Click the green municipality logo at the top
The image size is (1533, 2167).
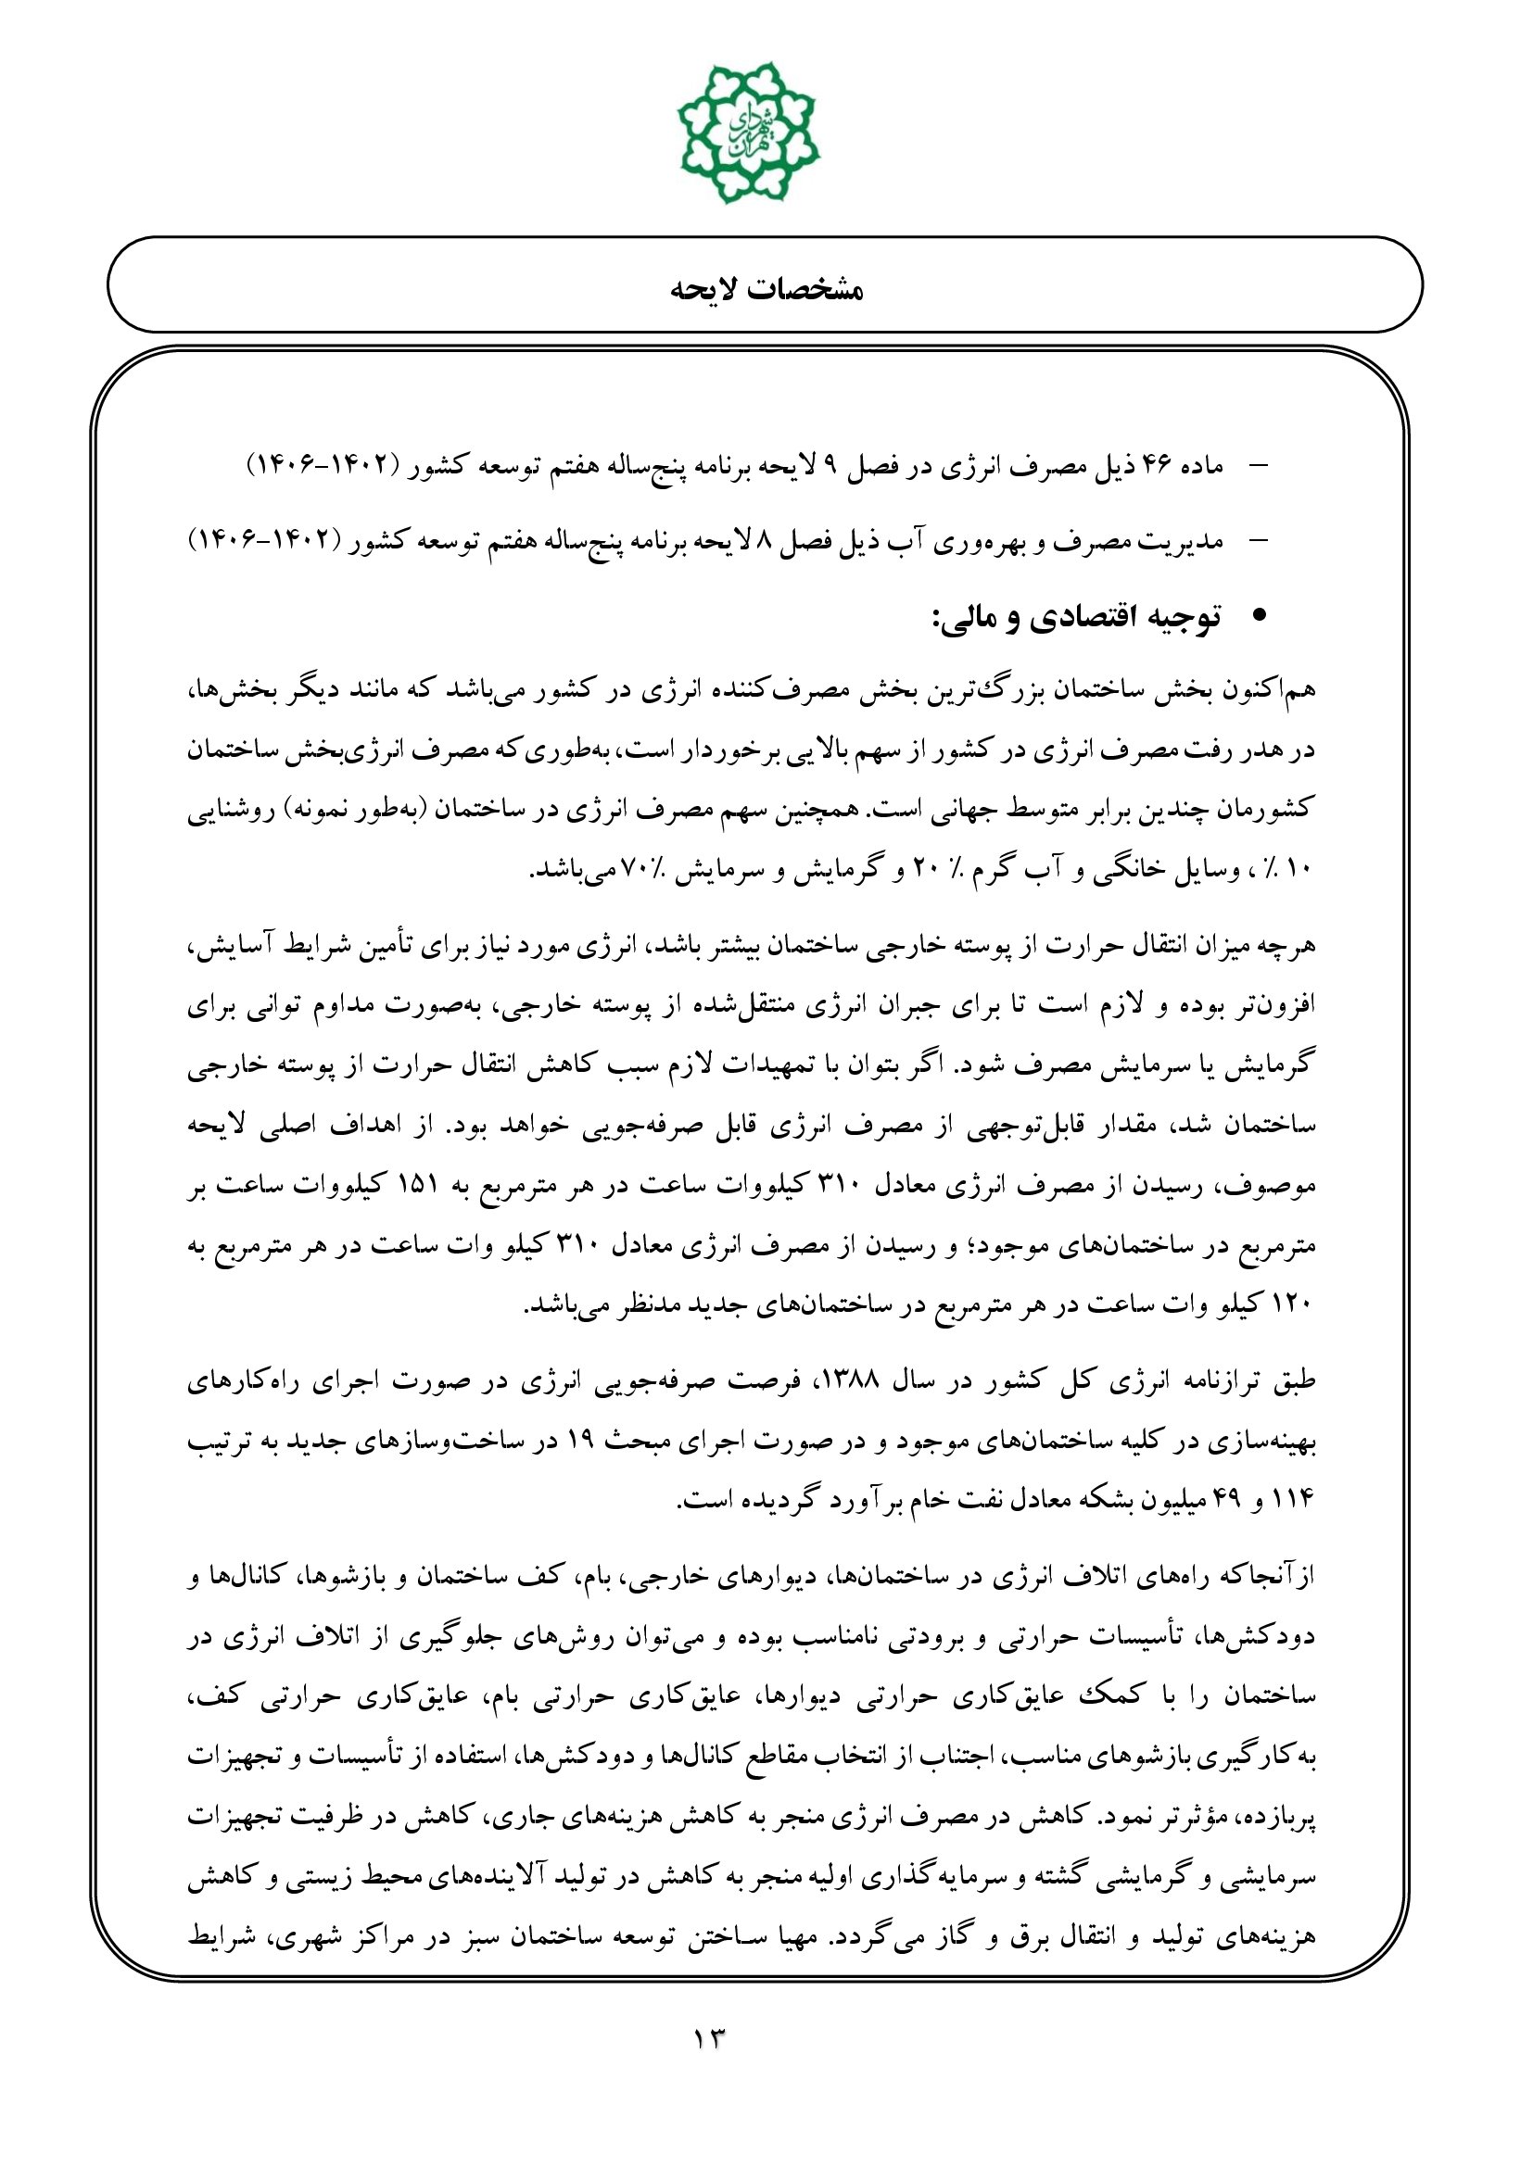coord(749,133)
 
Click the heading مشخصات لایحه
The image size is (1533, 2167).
coord(766,288)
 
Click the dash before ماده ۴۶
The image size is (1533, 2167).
coord(1259,465)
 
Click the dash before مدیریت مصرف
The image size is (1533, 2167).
coord(1259,541)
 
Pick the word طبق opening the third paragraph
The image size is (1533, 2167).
coord(1296,1381)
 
